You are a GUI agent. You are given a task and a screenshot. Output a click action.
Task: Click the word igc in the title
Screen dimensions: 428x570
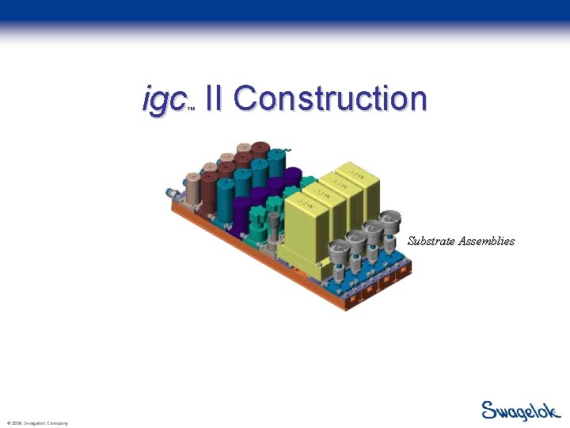click(164, 100)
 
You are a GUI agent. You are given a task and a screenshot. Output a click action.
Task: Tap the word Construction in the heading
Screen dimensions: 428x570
click(330, 99)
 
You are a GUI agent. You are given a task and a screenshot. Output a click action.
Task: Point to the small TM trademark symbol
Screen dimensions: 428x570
click(191, 109)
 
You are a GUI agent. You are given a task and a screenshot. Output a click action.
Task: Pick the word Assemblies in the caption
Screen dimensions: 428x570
click(488, 240)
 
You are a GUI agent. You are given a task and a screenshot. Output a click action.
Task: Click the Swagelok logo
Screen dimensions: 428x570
click(521, 411)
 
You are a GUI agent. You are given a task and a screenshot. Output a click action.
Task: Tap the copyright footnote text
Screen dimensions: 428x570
click(37, 423)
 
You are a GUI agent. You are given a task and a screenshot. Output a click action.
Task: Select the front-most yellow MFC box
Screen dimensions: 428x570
click(304, 230)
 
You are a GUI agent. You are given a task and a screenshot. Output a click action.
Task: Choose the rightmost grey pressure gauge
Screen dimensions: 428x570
click(389, 221)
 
